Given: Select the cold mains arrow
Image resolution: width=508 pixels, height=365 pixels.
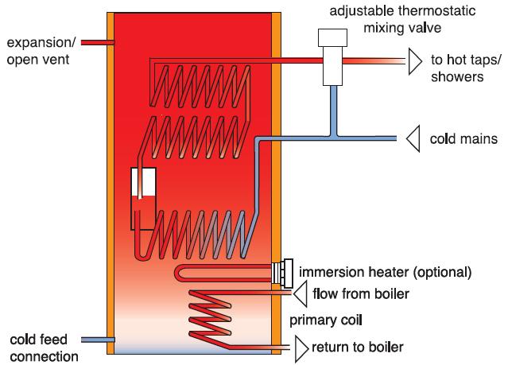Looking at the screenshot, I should tap(411, 139).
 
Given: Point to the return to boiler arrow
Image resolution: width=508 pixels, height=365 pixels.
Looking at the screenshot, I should tap(301, 347).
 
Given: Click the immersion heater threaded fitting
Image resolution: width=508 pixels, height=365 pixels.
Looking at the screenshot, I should tap(281, 273).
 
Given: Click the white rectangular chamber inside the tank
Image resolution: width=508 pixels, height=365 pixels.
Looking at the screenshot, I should tap(144, 195).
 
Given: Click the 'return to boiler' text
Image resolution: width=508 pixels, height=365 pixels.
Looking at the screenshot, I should tap(359, 347).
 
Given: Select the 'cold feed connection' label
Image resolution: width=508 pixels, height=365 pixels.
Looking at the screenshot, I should tap(40, 348).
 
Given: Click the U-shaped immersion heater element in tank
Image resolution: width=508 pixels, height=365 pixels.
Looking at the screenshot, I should tap(223, 273).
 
